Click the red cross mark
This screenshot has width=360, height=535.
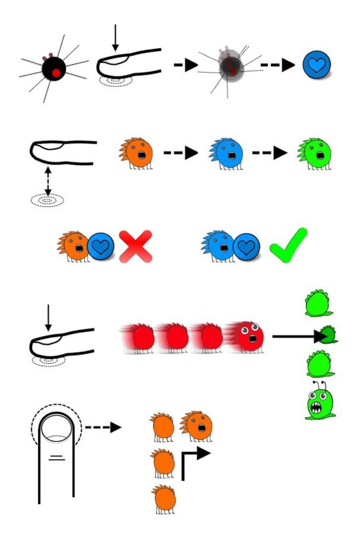coord(135,245)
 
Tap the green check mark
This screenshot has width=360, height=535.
coord(288,244)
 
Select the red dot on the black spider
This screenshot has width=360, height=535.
coord(56,73)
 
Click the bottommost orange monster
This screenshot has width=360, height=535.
coord(164,499)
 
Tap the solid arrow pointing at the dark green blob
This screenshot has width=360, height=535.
coord(297,337)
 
